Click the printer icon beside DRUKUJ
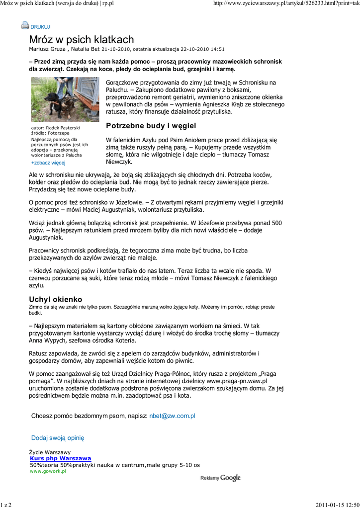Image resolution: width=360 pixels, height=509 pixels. pos(25,25)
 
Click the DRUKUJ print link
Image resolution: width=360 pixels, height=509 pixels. pos(40,26)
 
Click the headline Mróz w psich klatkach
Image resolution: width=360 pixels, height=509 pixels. pos(81,40)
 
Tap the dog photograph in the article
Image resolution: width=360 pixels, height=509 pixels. pos(65,99)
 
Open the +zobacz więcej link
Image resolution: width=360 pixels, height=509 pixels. pos(48,163)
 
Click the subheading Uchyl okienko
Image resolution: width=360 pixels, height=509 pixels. pos(56,299)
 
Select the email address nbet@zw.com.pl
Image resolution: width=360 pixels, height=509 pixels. pos(172,415)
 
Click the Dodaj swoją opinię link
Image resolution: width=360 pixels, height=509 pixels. pos(58,438)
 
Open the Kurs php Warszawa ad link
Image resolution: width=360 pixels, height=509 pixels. pos(60,458)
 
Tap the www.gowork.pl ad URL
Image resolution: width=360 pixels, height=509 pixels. pos(48,471)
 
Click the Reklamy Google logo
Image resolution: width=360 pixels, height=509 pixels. pos(220,478)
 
